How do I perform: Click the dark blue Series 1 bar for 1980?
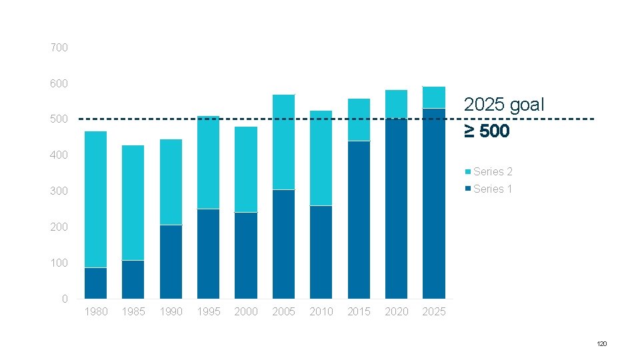(95, 283)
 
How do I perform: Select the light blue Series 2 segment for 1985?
(133, 203)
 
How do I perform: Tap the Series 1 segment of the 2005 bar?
(284, 244)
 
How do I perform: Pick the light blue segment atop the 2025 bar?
(434, 97)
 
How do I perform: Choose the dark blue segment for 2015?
(359, 220)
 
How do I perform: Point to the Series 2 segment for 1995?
(208, 163)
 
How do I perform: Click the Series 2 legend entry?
(489, 172)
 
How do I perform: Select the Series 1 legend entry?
(489, 189)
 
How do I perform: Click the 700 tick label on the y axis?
(59, 48)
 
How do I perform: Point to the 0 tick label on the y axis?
(65, 299)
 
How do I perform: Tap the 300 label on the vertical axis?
(59, 191)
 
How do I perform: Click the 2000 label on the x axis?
(246, 312)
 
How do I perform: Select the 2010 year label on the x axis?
(321, 312)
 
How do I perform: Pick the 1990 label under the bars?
(171, 312)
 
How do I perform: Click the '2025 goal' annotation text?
(504, 105)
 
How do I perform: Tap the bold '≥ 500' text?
(487, 131)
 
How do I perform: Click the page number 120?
(601, 344)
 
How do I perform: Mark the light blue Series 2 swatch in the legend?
(468, 172)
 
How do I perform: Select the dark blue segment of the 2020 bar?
(396, 209)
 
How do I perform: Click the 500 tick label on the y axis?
(59, 119)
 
